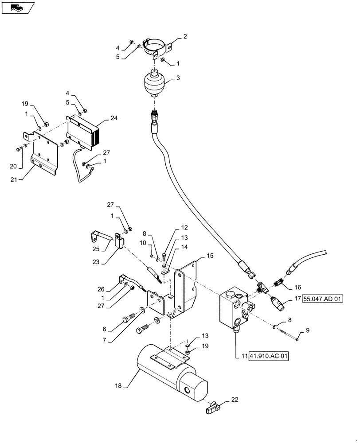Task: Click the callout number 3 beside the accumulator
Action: pyautogui.click(x=178, y=78)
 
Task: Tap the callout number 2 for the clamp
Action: pyautogui.click(x=185, y=36)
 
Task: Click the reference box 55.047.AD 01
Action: pyautogui.click(x=323, y=299)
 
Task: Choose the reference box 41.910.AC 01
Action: pyautogui.click(x=268, y=356)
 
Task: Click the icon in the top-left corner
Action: pyautogui.click(x=17, y=7)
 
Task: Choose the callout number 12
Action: pyautogui.click(x=184, y=227)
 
